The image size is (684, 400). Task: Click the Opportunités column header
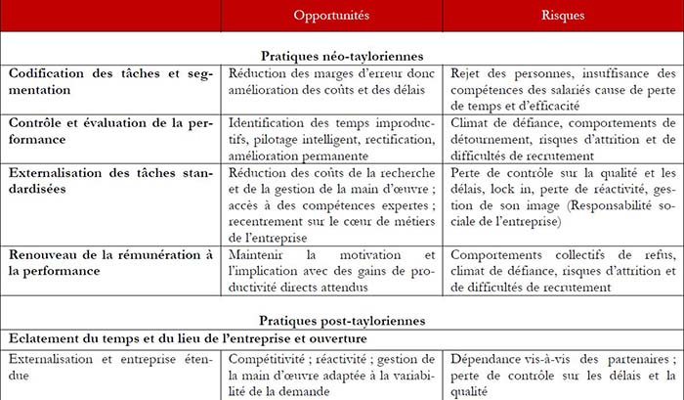pyautogui.click(x=332, y=17)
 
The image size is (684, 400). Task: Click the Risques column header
pyautogui.click(x=562, y=17)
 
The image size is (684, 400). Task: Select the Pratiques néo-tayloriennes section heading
pyautogui.click(x=341, y=57)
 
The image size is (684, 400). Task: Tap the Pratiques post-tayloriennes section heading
pyautogui.click(x=341, y=320)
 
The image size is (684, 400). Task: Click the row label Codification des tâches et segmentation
pyautogui.click(x=109, y=81)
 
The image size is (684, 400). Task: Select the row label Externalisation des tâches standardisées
pyautogui.click(x=109, y=181)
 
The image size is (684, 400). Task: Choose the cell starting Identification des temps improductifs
pyautogui.click(x=332, y=139)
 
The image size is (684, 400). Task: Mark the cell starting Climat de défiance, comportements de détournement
pyautogui.click(x=562, y=139)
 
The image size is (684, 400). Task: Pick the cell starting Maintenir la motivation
pyautogui.click(x=332, y=272)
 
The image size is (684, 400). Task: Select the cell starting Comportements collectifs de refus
pyautogui.click(x=562, y=272)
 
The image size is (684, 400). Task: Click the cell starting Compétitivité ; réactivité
pyautogui.click(x=332, y=375)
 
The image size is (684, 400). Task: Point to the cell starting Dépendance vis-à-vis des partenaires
pyautogui.click(x=562, y=375)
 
